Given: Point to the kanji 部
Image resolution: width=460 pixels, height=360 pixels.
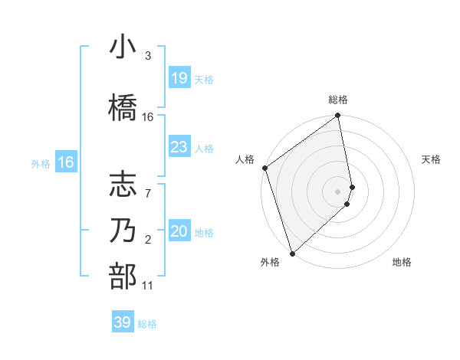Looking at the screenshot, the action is (123, 276).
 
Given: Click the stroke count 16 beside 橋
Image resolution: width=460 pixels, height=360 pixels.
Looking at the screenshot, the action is (148, 117).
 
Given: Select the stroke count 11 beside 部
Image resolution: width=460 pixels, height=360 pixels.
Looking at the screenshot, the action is (148, 286).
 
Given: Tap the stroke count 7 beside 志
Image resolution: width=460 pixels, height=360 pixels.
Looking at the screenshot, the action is (147, 185).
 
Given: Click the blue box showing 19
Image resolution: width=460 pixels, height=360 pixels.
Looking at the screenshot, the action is (179, 77).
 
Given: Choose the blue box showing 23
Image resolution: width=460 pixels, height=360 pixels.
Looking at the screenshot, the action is (179, 147).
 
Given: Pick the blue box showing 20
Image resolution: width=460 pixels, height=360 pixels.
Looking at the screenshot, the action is (179, 231).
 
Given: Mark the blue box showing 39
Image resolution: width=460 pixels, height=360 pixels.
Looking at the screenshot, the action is (123, 322).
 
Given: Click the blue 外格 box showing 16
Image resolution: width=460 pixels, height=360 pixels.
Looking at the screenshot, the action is (66, 162).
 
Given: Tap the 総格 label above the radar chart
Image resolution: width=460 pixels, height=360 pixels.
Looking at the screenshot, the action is (338, 100).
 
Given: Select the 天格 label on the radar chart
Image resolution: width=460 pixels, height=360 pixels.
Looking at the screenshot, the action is (432, 159).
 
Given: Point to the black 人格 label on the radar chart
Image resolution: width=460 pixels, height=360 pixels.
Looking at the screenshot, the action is (245, 159).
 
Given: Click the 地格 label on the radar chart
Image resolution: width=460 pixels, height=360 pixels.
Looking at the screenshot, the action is (402, 262).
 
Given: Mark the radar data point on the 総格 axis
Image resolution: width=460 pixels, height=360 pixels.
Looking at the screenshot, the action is (338, 116).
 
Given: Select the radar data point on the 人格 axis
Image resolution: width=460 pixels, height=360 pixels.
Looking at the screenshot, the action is (264, 168).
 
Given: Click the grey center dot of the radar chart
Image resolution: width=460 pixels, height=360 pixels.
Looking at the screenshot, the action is (338, 191).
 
